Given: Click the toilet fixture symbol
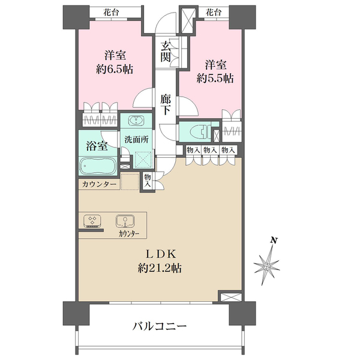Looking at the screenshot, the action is pos(200,132).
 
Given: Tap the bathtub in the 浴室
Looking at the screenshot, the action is pos(98,166).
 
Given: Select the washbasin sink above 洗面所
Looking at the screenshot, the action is pos(136,121).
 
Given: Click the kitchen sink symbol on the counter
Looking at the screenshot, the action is pos(125,221).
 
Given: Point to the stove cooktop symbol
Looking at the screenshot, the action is pos(92,221).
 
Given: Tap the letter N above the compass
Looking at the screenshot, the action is pos(273,241).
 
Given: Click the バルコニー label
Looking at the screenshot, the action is pos(160,326).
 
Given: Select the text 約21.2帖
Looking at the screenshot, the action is pos(160,268).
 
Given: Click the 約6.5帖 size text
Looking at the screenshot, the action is pos(115,69).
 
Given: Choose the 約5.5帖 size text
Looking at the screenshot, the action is pos(215,78).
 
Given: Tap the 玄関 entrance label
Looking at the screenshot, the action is pos(166,52).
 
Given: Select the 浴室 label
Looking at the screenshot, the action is pos(97,146).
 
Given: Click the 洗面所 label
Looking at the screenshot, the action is pos(136,139).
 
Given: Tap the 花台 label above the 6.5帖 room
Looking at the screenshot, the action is pos(112,12).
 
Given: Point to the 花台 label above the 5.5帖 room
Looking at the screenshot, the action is pos(214,12).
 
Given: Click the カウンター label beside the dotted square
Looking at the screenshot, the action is pos(99,184).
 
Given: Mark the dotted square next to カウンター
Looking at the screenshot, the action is pos(130,182).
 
